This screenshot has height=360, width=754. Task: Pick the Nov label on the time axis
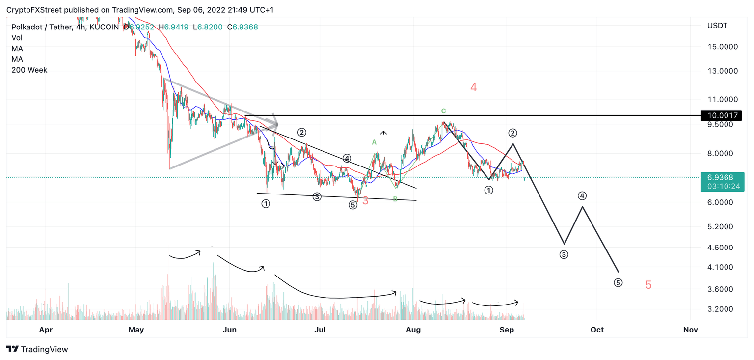coord(690,330)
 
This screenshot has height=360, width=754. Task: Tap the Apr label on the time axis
coord(46,330)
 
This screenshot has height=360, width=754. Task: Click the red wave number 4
coord(473,88)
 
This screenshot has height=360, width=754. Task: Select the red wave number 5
coord(648,285)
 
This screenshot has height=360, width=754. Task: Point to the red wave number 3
coord(365,201)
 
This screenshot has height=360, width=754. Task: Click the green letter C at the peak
coord(443,111)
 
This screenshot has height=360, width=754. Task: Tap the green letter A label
coord(374,142)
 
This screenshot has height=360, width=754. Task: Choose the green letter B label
coord(395,199)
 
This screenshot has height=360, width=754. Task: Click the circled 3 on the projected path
coord(564,255)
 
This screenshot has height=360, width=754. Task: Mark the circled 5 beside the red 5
coord(618,283)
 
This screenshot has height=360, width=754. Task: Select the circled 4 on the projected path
coord(582,196)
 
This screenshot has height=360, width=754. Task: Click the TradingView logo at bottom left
coord(37,349)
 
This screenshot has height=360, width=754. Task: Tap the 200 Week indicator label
coord(29,70)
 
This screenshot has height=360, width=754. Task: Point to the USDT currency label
coord(717,25)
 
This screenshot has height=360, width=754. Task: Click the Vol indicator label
coord(17,38)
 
